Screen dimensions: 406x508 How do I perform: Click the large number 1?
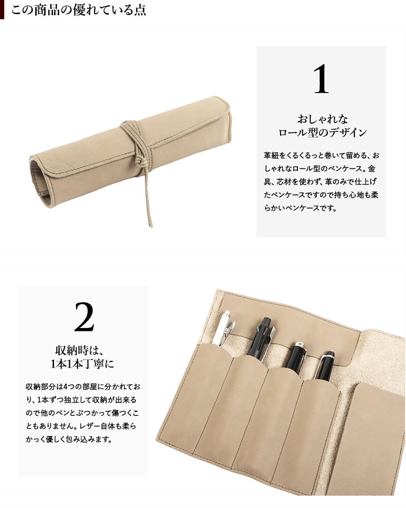click(321, 79)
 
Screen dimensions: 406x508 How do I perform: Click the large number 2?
click(84, 317)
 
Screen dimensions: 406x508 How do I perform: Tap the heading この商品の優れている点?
click(79, 10)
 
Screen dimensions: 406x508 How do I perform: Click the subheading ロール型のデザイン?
click(322, 133)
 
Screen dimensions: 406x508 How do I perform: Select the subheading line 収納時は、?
click(79, 350)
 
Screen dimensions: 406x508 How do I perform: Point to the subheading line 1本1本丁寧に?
click(82, 364)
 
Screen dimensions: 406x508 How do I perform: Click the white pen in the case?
click(223, 328)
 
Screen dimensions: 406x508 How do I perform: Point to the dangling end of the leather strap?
click(150, 224)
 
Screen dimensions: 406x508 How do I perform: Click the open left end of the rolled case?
click(40, 180)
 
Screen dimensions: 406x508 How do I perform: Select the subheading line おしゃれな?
click(322, 119)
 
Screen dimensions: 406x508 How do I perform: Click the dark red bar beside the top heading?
click(2, 9)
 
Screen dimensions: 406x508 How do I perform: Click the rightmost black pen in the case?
click(324, 366)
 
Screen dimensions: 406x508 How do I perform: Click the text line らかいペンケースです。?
click(300, 208)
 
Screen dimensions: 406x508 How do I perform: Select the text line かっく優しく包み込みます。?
click(69, 439)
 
